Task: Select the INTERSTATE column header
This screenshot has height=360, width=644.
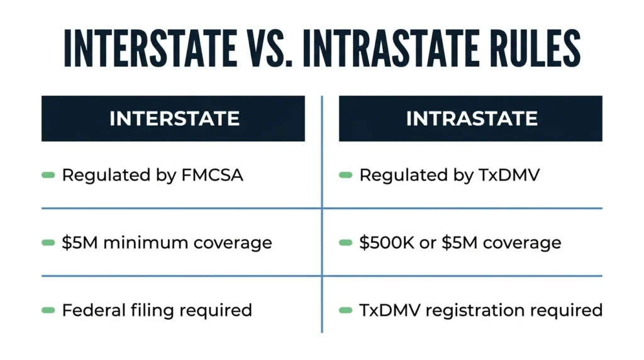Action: click(x=174, y=119)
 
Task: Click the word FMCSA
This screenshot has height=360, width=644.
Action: click(x=212, y=175)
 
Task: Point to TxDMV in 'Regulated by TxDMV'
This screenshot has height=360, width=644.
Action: click(x=509, y=175)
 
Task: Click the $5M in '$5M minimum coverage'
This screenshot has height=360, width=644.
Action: click(x=80, y=242)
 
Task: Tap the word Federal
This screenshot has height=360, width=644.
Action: click(x=94, y=310)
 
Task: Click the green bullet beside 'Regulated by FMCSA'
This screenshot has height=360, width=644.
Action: click(x=48, y=176)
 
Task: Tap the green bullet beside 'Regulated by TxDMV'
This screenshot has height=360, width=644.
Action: click(x=345, y=176)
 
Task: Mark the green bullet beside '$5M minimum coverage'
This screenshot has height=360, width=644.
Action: click(x=48, y=243)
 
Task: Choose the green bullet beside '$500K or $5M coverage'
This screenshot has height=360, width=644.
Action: click(x=345, y=243)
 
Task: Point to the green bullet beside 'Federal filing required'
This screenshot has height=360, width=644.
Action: click(x=48, y=310)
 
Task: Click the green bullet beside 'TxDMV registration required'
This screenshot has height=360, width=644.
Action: click(x=345, y=310)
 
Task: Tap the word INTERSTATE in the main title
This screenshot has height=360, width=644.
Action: click(x=150, y=48)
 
